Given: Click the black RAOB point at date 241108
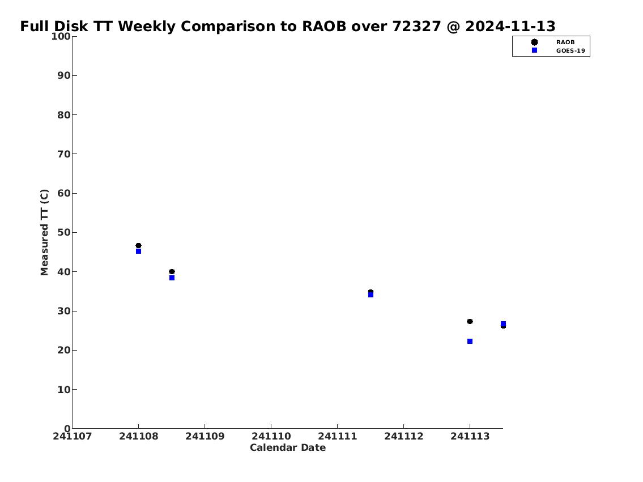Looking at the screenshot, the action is (139, 245).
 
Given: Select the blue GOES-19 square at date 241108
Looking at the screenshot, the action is (139, 251).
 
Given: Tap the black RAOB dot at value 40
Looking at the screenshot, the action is (172, 272).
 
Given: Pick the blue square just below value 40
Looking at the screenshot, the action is (172, 278).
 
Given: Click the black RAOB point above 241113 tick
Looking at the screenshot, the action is (470, 321).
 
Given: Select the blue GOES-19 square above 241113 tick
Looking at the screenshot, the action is (470, 342).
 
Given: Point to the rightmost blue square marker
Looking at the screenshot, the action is (503, 324).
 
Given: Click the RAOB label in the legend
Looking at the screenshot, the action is (565, 42).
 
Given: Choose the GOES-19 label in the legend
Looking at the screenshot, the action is (570, 51).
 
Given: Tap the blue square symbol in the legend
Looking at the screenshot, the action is (534, 50).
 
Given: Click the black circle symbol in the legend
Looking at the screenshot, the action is (534, 42).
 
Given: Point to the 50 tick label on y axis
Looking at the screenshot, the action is (64, 232).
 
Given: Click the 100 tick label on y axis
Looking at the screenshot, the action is (61, 36).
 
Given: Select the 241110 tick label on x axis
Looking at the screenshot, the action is (271, 436).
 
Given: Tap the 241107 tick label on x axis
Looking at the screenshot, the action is (73, 436).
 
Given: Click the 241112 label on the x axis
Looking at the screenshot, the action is (404, 436).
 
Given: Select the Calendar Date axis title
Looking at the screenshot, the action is (288, 447).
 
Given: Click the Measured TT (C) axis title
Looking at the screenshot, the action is (44, 232).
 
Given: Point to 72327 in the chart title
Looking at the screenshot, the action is (416, 26).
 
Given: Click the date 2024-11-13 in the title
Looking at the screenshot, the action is (510, 26).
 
